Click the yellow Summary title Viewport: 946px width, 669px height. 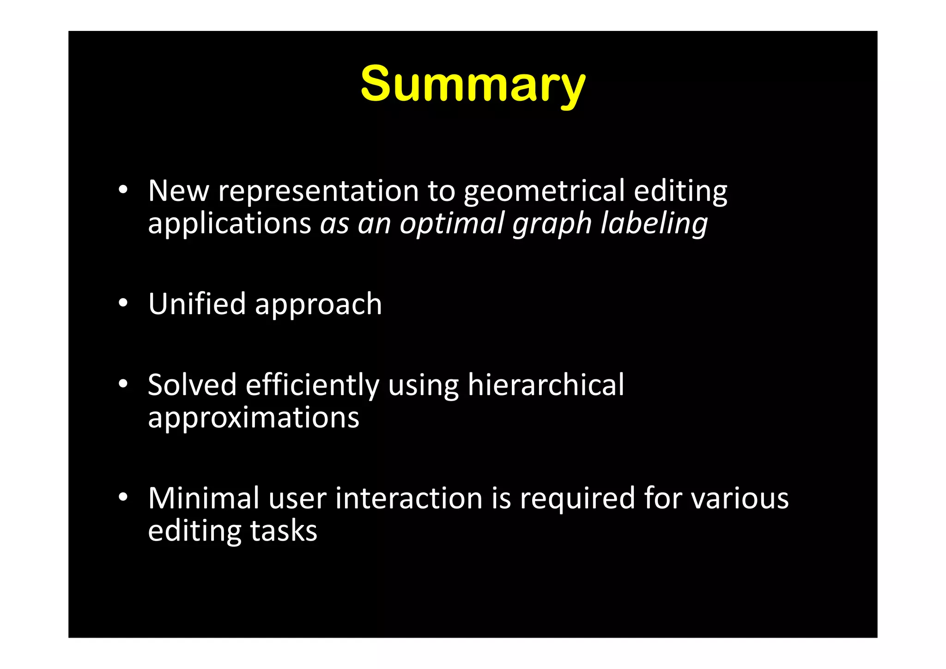click(473, 85)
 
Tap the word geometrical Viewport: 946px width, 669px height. click(544, 191)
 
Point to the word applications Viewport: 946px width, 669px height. click(230, 224)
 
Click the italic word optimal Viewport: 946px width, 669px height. click(451, 224)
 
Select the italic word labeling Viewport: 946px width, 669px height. click(654, 224)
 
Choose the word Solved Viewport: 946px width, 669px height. click(192, 385)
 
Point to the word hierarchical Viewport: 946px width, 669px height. click(546, 385)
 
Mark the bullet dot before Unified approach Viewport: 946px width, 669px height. click(122, 304)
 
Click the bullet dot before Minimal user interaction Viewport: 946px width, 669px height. click(122, 498)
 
